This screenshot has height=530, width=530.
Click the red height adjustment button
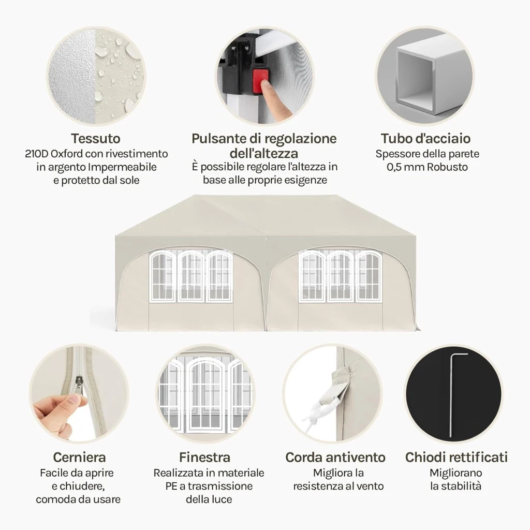click(x=261, y=82)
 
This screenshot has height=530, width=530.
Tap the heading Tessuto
click(x=96, y=139)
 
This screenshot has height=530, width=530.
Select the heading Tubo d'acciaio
click(x=425, y=139)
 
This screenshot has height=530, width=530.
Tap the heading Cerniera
click(x=79, y=458)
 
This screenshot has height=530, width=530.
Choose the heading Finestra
click(x=205, y=458)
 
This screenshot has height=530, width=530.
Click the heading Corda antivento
click(x=335, y=458)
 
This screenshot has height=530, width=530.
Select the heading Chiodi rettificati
click(x=457, y=458)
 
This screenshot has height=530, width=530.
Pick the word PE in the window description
click(x=171, y=486)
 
